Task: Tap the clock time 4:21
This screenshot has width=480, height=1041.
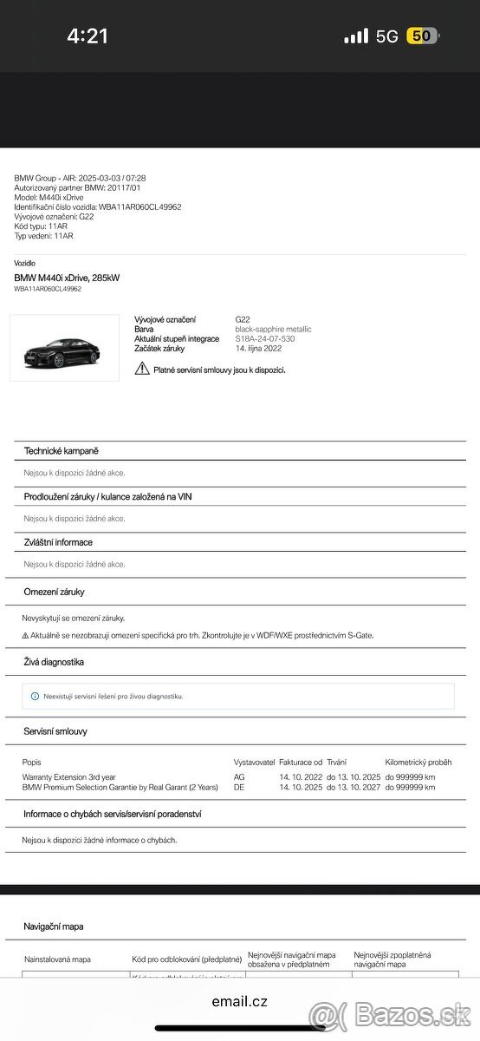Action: (88, 36)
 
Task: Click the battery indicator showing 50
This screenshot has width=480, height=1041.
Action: (421, 36)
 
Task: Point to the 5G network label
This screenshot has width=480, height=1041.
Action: (386, 36)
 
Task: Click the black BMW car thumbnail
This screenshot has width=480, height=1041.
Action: (64, 349)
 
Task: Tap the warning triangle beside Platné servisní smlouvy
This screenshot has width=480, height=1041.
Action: (142, 369)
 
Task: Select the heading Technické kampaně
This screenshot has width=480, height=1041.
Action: (61, 451)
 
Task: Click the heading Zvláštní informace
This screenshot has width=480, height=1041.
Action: (58, 542)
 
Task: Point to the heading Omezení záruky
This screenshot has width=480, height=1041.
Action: (54, 592)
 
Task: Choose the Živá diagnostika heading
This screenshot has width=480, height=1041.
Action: (54, 662)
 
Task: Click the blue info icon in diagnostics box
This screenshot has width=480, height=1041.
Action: (35, 696)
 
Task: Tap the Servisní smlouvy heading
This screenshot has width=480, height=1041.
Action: (55, 731)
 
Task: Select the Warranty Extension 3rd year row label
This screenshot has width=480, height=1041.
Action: (68, 776)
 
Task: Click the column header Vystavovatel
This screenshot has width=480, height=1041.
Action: (254, 762)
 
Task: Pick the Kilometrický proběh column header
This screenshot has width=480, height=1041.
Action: (418, 762)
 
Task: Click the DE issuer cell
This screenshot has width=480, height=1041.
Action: (239, 787)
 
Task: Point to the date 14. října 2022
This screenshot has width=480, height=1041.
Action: (258, 348)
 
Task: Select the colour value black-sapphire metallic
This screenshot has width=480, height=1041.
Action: (273, 330)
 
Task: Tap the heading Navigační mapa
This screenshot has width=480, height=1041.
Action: (54, 926)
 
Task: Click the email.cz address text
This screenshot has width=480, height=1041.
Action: (239, 1002)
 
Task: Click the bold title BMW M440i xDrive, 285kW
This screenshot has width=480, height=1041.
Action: (67, 278)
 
